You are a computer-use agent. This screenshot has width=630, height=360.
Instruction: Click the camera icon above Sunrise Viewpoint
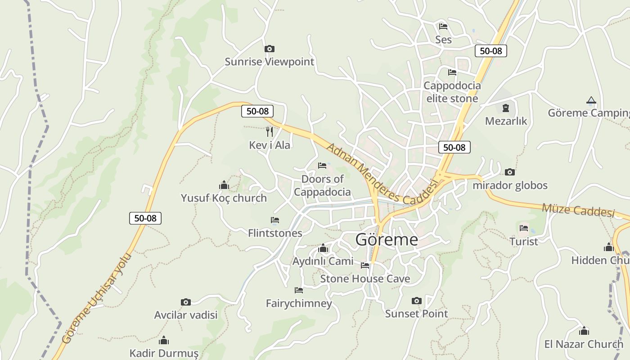tap(269, 49)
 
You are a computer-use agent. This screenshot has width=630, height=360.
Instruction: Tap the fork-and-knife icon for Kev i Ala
tap(270, 131)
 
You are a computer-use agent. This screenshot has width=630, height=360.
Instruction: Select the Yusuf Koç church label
tap(224, 198)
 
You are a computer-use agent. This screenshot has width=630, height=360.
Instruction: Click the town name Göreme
tap(387, 239)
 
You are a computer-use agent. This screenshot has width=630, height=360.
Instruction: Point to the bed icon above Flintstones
tap(275, 220)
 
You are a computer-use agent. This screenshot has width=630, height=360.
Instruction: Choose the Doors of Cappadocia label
tap(322, 185)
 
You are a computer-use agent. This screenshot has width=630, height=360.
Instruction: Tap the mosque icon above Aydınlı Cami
tap(323, 248)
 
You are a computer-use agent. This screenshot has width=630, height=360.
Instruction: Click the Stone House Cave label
tap(365, 279)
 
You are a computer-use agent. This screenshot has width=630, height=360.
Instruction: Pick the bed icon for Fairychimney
tap(298, 290)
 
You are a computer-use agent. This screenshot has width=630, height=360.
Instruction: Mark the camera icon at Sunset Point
tap(417, 301)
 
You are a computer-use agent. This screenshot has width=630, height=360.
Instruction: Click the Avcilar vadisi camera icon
tap(185, 302)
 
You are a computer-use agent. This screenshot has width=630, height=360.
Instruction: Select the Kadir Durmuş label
tap(164, 353)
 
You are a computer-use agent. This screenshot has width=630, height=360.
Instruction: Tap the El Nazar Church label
tap(584, 344)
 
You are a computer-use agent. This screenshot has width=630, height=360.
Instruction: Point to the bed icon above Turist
tap(524, 228)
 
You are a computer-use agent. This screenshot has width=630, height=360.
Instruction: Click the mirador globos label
tap(510, 185)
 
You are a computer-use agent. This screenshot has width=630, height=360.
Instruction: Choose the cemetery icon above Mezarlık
tap(506, 108)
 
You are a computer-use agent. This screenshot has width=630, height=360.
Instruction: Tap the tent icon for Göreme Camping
tap(591, 100)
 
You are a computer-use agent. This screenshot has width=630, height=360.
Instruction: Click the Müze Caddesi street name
tap(578, 210)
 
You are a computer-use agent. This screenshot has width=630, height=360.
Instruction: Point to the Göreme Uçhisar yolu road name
tap(97, 298)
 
